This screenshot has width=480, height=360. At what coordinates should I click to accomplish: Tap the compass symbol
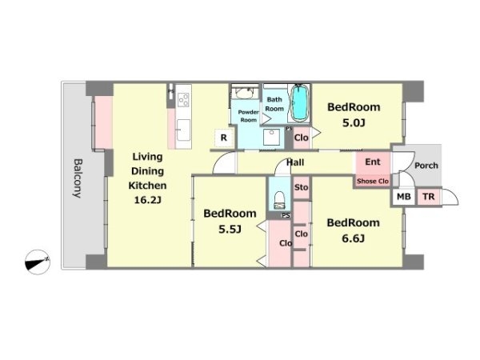(x=38, y=262)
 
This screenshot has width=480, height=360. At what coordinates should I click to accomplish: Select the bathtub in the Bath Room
(x=299, y=103)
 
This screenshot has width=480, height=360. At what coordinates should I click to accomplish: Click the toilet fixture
(x=279, y=200)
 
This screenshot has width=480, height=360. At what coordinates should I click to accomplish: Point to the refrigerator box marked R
(x=224, y=138)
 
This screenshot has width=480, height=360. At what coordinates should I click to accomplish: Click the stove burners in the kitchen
(x=184, y=100)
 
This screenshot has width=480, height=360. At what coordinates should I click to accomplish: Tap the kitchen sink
(x=183, y=130)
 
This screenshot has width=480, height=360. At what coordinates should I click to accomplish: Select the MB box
(x=404, y=197)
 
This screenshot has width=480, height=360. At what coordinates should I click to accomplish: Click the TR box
(x=429, y=197)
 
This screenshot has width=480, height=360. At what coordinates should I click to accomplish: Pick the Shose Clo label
(x=373, y=182)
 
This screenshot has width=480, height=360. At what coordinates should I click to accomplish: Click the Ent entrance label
(x=373, y=162)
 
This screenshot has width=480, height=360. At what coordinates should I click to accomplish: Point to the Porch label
(x=426, y=166)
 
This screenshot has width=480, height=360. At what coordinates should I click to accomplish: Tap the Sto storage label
(x=302, y=187)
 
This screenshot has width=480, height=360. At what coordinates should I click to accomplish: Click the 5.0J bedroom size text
(x=354, y=123)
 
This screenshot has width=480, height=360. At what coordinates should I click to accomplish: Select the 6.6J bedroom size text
(x=353, y=238)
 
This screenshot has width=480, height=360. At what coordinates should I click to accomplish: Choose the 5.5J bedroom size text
(x=230, y=229)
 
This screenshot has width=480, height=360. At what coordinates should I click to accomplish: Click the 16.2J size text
(x=147, y=200)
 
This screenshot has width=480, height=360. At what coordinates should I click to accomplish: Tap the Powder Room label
(x=248, y=116)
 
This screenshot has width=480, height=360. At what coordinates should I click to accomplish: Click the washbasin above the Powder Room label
(x=244, y=94)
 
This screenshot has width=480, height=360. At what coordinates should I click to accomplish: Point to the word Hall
(x=295, y=162)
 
